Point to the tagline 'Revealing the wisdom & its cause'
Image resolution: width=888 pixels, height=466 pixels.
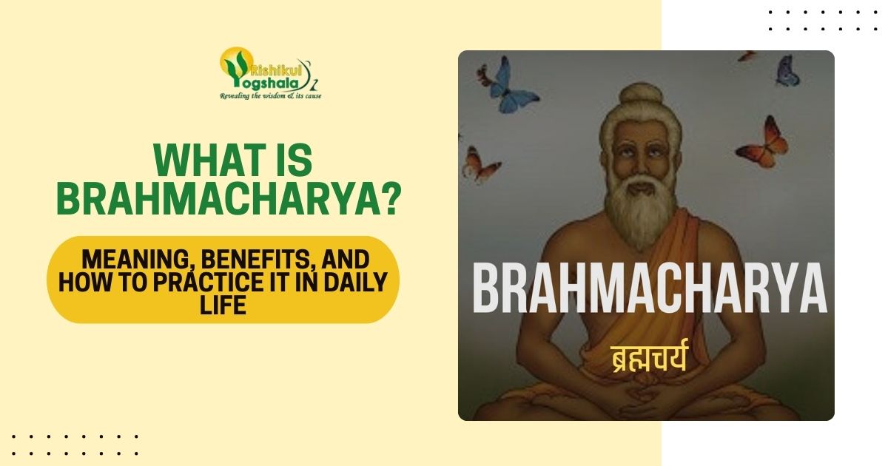270,96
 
